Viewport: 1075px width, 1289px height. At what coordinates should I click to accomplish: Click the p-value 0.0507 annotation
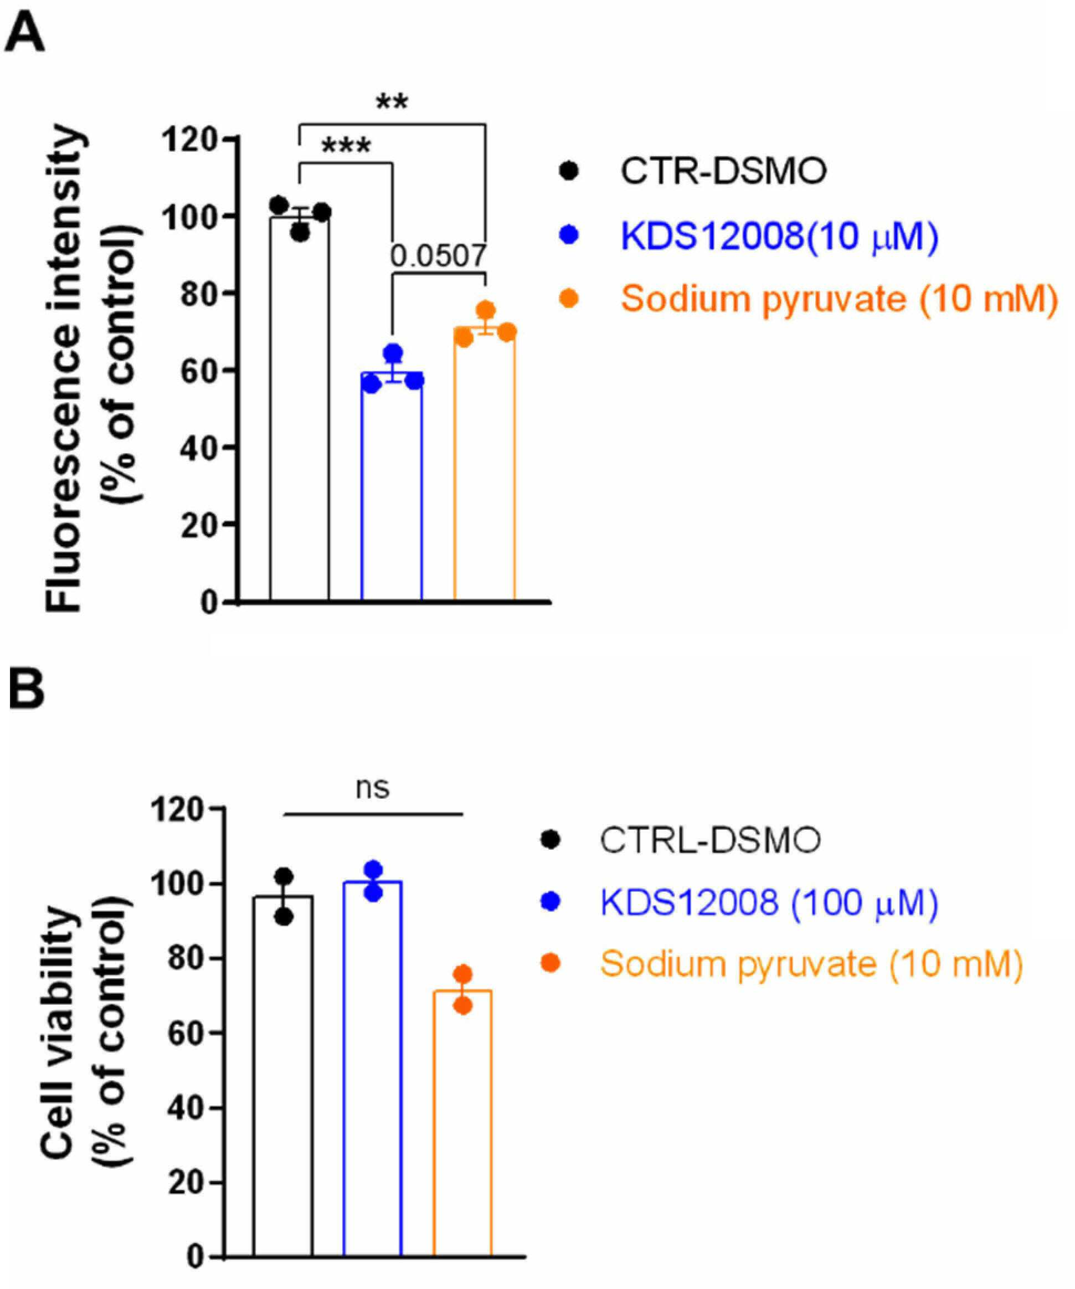tap(439, 255)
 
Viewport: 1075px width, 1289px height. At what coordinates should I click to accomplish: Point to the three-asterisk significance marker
tap(346, 147)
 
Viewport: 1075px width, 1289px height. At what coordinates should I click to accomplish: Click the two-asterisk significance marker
tap(392, 102)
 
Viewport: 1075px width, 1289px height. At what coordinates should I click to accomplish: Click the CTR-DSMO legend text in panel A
tap(723, 171)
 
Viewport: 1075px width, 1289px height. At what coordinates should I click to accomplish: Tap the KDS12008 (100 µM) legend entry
tap(769, 902)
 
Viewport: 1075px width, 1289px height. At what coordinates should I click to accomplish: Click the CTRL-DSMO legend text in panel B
tap(711, 840)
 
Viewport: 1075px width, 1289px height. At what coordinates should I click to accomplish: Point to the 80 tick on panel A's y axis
tap(201, 294)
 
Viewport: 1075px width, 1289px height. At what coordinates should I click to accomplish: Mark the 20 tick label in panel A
tap(201, 525)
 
